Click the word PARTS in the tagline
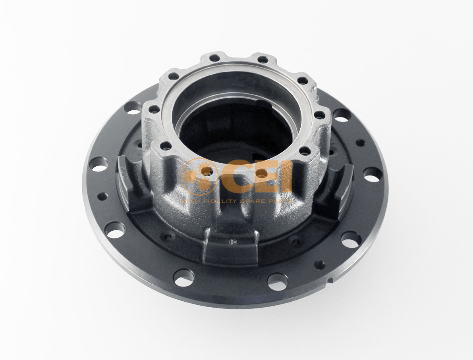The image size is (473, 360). pos(282,201)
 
